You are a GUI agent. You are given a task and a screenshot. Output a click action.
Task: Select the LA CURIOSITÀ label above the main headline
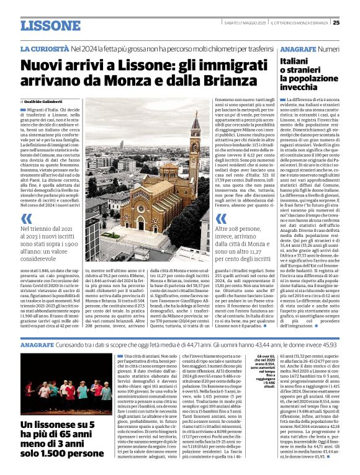pyautogui.click(x=44, y=48)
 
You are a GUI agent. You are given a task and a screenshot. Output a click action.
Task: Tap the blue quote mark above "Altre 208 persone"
pyautogui.click(x=218, y=218)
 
